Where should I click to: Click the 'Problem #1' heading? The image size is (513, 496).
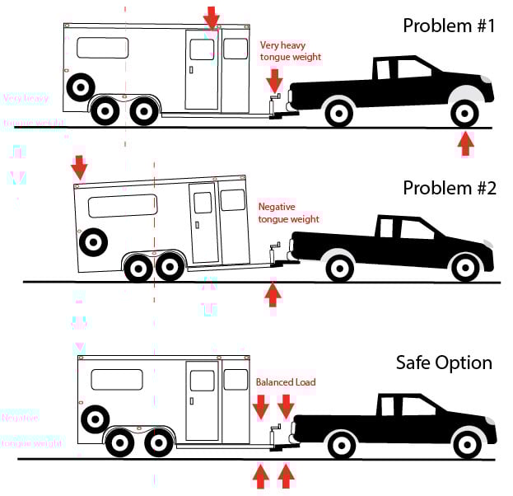(448, 26)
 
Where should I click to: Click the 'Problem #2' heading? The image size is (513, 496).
(449, 188)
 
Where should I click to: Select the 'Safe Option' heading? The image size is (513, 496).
(444, 363)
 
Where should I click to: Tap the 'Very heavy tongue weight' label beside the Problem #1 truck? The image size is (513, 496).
(290, 51)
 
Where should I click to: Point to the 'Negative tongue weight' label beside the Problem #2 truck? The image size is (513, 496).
(288, 213)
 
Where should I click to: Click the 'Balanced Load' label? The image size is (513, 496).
(286, 382)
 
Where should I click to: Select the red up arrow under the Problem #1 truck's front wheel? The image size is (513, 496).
(466, 143)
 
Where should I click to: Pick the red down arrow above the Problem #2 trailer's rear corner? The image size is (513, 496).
(79, 167)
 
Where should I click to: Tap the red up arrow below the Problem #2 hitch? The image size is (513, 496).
(273, 294)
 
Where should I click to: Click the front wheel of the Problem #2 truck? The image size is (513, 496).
(466, 266)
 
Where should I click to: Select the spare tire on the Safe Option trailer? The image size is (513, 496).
(94, 419)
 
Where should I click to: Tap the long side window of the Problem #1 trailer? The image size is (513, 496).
(103, 48)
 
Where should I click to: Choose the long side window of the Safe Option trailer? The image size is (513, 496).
(117, 380)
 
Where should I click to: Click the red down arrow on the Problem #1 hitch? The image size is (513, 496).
(274, 80)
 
